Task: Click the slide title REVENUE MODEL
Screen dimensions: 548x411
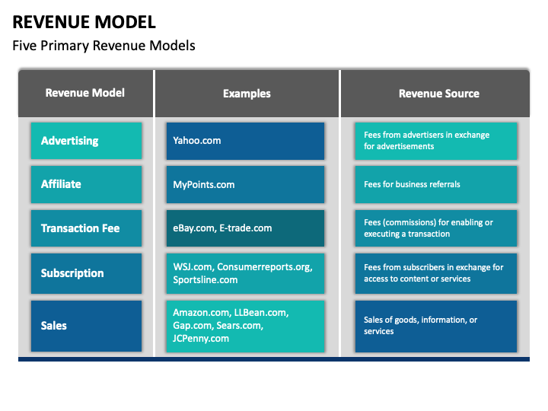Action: coord(84,22)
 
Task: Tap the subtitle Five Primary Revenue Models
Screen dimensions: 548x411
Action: coord(104,46)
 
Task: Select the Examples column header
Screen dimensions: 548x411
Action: coord(247,94)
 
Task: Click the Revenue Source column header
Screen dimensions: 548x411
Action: coord(439,94)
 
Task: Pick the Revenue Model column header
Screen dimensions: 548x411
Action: coord(85,93)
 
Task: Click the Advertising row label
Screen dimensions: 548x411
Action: coord(86,141)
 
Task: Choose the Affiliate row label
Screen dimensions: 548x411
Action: coord(86,184)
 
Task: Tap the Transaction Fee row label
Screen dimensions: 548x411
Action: coord(86,228)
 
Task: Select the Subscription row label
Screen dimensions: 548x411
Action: coord(86,273)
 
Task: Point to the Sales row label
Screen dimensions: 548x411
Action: coord(86,326)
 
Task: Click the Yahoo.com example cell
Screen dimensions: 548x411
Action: coord(245,141)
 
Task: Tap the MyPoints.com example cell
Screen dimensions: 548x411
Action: coord(245,184)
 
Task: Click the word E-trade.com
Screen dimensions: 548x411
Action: coord(246,228)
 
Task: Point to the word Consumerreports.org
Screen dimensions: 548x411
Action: coord(265,267)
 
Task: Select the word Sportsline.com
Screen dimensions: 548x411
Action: coord(205,280)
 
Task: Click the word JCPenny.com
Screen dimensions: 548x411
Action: coord(201,339)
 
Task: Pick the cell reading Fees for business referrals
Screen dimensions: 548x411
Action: coord(436,184)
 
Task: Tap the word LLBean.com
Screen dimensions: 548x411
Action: coord(261,313)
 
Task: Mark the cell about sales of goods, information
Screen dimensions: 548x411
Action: coord(436,326)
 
